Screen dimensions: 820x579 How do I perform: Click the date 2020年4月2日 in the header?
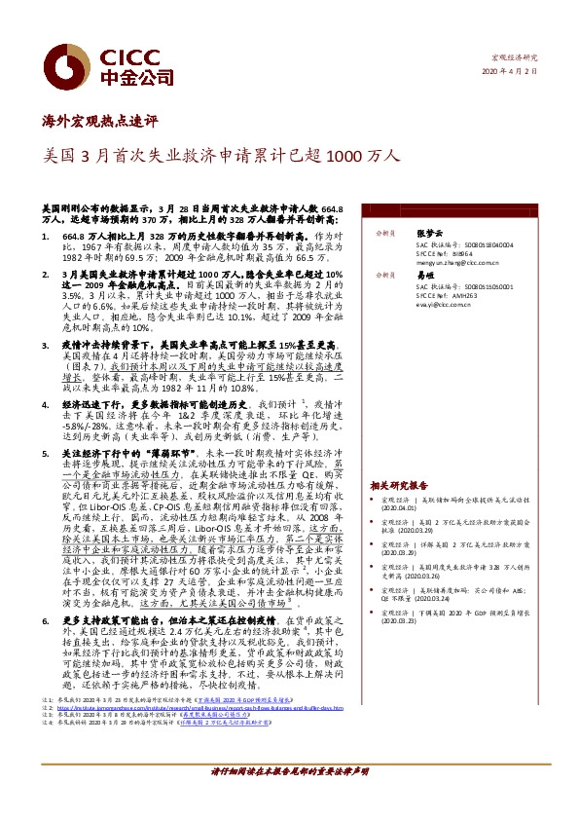click(510, 72)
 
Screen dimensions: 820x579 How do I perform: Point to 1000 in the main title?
click(354, 155)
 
